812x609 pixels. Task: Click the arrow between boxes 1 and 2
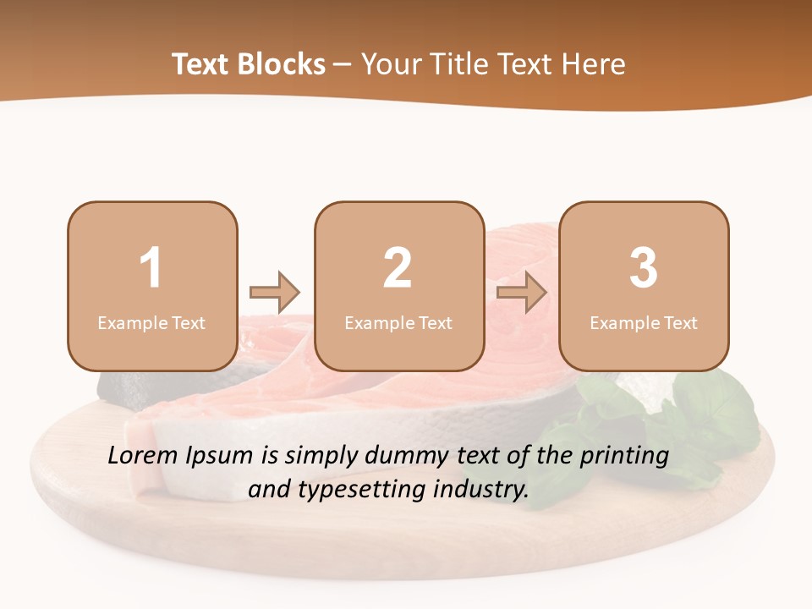[275, 293]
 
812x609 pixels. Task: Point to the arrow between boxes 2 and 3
[522, 293]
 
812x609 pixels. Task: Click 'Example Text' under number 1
[151, 322]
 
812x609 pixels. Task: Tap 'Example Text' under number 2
[398, 322]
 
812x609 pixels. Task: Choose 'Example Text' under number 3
[644, 322]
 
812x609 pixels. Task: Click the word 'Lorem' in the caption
[144, 456]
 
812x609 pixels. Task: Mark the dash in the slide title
[343, 64]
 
